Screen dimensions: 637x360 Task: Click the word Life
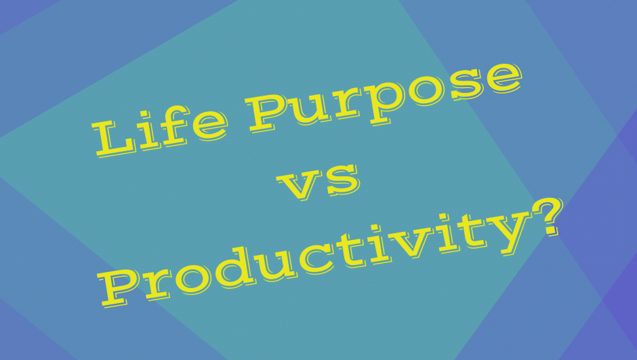tap(159, 130)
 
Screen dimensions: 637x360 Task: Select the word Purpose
tap(384, 96)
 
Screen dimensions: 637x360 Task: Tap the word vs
tap(319, 182)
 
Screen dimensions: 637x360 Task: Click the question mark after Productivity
tap(548, 216)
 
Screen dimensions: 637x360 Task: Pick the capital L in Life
tap(115, 138)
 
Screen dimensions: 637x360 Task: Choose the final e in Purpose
tap(502, 77)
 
